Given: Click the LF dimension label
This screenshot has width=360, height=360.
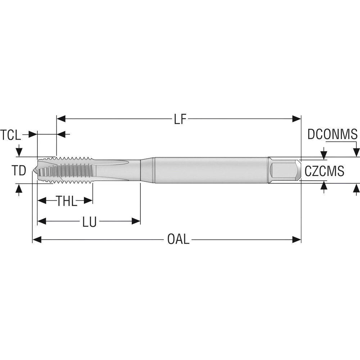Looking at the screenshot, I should point(181,119).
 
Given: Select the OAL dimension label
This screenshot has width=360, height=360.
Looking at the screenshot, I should point(178,239).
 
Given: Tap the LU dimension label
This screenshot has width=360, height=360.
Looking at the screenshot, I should point(89,221).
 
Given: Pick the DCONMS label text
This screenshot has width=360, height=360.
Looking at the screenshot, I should point(332,134).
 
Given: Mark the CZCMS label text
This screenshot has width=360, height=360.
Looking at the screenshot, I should point(324,171).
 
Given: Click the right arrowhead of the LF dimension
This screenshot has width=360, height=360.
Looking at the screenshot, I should point(297,119).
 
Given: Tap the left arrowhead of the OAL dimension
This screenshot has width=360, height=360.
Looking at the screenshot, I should point(37,239).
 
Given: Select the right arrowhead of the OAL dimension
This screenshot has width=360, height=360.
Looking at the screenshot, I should point(297,239).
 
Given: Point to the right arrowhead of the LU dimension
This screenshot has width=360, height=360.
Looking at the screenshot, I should point(136,221).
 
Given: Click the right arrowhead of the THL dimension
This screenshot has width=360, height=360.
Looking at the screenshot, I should point(89,201).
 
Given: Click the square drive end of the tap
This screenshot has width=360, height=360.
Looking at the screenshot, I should point(284,170).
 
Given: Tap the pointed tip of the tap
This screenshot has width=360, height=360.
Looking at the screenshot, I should point(35,170).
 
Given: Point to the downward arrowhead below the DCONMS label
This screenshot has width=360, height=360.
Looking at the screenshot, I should point(356,152).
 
